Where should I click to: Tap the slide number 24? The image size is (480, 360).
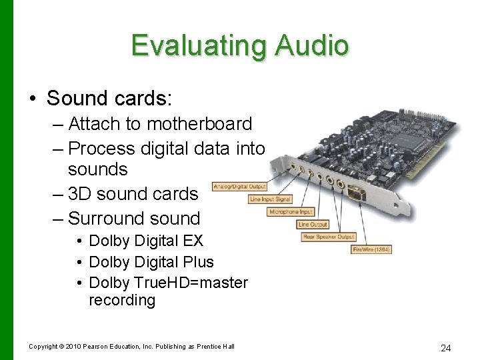[446, 348]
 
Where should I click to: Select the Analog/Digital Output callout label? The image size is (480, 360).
[239, 187]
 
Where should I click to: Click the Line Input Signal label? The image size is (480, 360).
[270, 199]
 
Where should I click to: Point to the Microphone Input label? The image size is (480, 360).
[291, 212]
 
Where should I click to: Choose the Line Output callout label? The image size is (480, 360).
[313, 225]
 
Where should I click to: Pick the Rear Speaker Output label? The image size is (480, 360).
[329, 237]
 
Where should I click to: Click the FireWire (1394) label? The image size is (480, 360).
[371, 249]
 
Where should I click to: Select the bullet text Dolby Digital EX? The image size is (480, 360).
[146, 241]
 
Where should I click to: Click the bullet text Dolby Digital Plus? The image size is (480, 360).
[151, 262]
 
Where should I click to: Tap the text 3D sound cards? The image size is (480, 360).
[133, 194]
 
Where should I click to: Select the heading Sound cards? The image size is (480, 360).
[109, 99]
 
